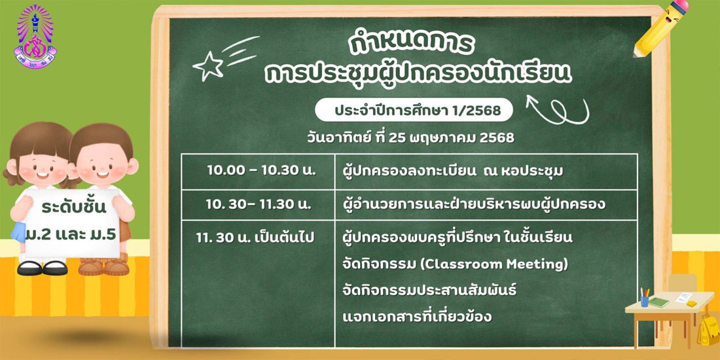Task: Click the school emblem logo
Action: point(35,36)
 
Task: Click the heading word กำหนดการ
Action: point(410,44)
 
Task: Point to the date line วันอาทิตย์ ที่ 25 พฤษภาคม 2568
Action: point(410,137)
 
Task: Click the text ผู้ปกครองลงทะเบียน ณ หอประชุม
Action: point(453,171)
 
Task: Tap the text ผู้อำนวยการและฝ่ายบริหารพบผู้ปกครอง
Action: point(474,206)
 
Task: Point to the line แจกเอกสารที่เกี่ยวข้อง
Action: point(417,316)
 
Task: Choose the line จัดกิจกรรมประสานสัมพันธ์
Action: point(430,291)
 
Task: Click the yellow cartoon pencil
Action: point(660,27)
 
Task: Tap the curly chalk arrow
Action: point(558,109)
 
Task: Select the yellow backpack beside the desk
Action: point(708,329)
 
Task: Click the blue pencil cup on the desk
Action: point(645,301)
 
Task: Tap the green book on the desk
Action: point(658,302)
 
